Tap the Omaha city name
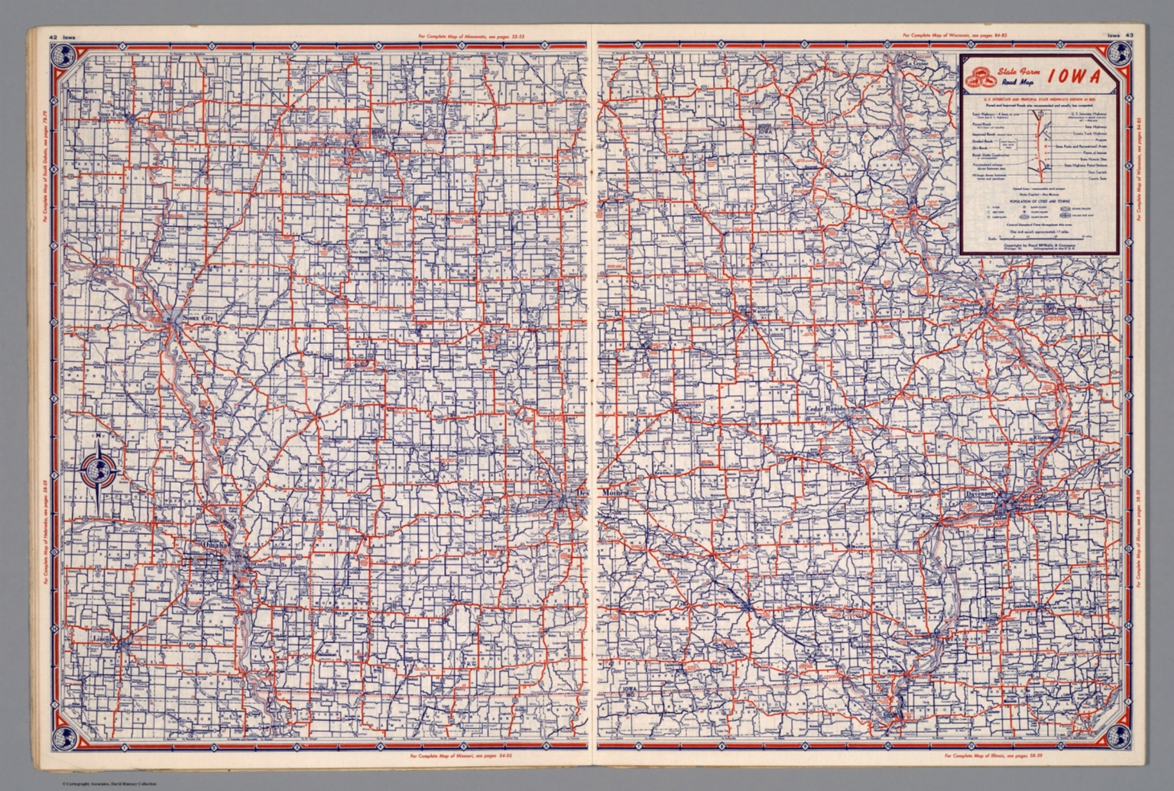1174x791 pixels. coord(215,543)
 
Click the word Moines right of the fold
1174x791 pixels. coord(615,494)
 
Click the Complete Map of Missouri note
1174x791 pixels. coord(460,757)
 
